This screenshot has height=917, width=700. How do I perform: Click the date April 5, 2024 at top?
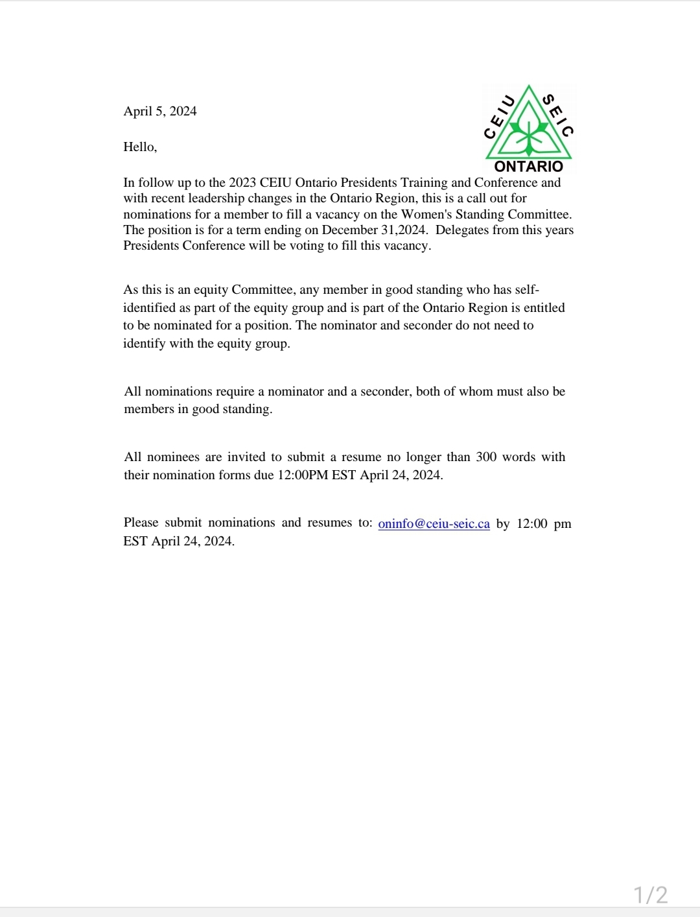coord(160,111)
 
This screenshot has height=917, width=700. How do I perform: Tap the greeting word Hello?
coord(140,147)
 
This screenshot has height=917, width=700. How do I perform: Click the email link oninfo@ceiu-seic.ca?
coord(434,524)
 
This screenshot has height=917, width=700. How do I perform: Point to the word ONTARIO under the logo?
coord(529,167)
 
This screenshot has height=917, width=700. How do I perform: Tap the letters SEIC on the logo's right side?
coord(558,115)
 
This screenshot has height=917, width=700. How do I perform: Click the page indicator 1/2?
coord(650,895)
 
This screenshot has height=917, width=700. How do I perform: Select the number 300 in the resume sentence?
coord(486,457)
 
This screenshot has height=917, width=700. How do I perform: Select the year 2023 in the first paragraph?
coord(242,183)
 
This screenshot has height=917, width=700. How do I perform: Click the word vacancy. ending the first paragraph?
coord(407,246)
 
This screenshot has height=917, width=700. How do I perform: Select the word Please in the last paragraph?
coord(141,523)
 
